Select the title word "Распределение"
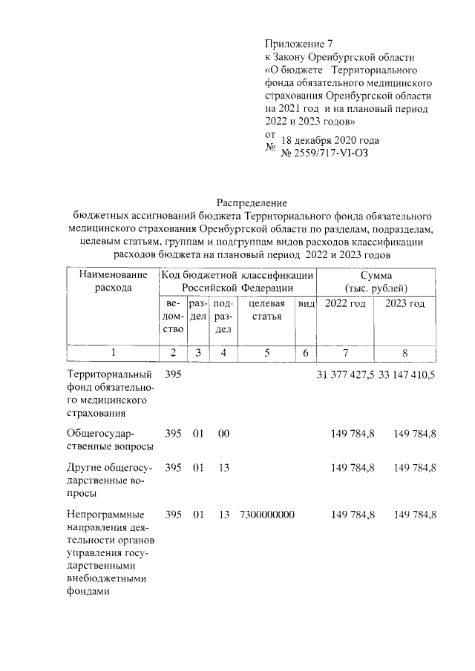251,202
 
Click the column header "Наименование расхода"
113,282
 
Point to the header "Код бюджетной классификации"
237,275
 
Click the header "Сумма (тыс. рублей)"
376,282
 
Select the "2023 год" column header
405,304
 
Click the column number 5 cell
266,354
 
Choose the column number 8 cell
405,354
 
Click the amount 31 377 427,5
345,374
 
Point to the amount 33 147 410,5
407,374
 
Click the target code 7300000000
267,514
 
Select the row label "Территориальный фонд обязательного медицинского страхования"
110,394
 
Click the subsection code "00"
223,432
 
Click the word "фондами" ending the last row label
88,592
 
